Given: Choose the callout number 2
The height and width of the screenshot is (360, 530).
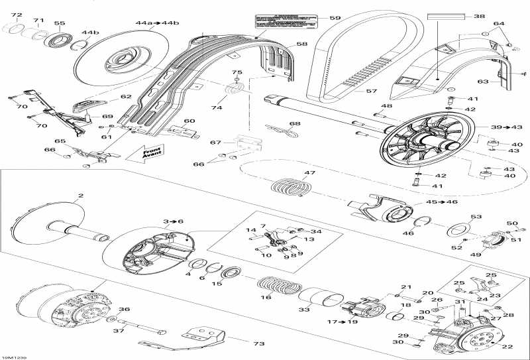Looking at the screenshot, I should [x=81, y=196].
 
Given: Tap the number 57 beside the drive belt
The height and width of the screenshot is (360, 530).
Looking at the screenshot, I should [x=371, y=91].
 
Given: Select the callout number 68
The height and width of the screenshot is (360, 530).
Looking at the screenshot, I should [x=294, y=123].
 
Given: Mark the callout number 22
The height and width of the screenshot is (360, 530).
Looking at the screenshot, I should [x=507, y=346].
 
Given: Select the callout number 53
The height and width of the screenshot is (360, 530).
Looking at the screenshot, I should [x=475, y=217].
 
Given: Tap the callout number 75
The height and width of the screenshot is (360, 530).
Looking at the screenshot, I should [x=237, y=72].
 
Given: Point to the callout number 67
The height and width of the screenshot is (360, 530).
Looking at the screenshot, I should [x=215, y=143].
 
